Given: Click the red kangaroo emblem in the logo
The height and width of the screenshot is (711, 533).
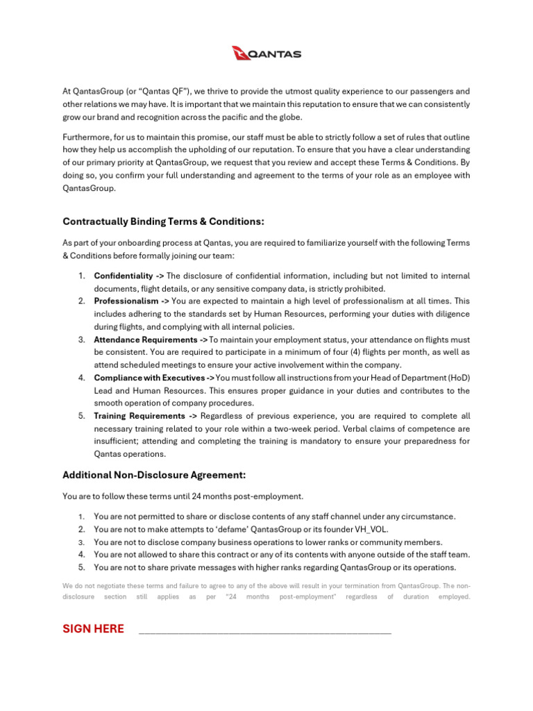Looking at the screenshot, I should [240, 53].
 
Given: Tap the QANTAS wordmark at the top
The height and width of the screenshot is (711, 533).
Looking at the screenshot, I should [276, 54].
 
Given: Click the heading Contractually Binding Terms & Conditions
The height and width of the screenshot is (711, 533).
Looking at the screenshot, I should [164, 221].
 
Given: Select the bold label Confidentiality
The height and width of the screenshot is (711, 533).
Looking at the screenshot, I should [124, 276].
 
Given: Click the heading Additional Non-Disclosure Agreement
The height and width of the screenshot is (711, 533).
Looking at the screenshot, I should [154, 476].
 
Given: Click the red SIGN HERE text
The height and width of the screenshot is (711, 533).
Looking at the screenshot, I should [94, 629].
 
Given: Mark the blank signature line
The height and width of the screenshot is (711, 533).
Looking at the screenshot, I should [265, 632].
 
